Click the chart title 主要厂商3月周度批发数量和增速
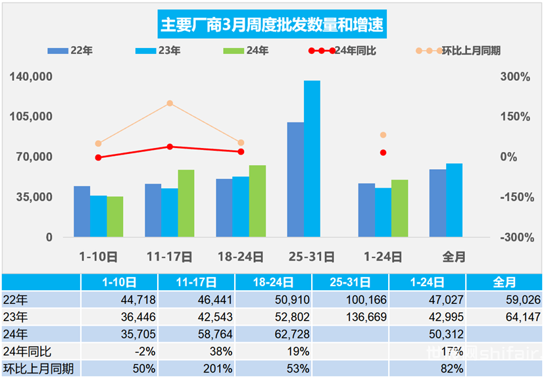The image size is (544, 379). [272, 26]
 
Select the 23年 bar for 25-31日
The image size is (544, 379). [312, 159]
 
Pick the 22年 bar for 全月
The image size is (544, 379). [437, 203]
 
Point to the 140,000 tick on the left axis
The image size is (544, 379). [31, 77]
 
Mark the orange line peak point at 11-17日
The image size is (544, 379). [170, 103]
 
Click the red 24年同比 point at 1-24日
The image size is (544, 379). [383, 153]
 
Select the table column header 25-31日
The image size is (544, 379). [350, 282]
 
